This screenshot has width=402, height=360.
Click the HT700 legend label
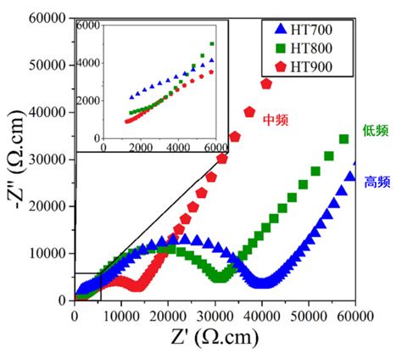(x=311, y=30)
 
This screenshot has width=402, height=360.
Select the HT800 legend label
(x=311, y=48)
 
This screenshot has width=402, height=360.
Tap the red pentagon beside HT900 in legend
(x=281, y=67)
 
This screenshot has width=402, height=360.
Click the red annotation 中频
(x=276, y=121)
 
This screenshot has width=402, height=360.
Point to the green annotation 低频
(x=376, y=131)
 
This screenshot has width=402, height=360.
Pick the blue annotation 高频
(x=377, y=182)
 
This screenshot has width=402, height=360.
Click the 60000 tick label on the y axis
(x=47, y=19)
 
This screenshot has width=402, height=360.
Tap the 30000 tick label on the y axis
(x=47, y=160)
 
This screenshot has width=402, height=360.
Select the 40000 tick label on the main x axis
(x=261, y=316)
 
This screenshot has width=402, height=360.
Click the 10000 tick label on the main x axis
(x=121, y=316)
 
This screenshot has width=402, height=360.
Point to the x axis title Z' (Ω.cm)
(x=215, y=338)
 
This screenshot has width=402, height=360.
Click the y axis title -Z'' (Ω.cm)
(x=16, y=160)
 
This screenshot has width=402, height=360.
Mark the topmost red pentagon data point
(x=266, y=84)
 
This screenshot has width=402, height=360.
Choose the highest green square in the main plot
(x=343, y=139)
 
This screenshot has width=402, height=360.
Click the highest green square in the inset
(x=212, y=44)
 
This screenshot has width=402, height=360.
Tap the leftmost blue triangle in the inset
(x=131, y=97)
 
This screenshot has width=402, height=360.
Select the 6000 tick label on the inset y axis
(x=88, y=25)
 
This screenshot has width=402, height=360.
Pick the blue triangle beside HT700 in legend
(x=281, y=29)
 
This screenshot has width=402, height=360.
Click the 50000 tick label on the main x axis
(x=308, y=316)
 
